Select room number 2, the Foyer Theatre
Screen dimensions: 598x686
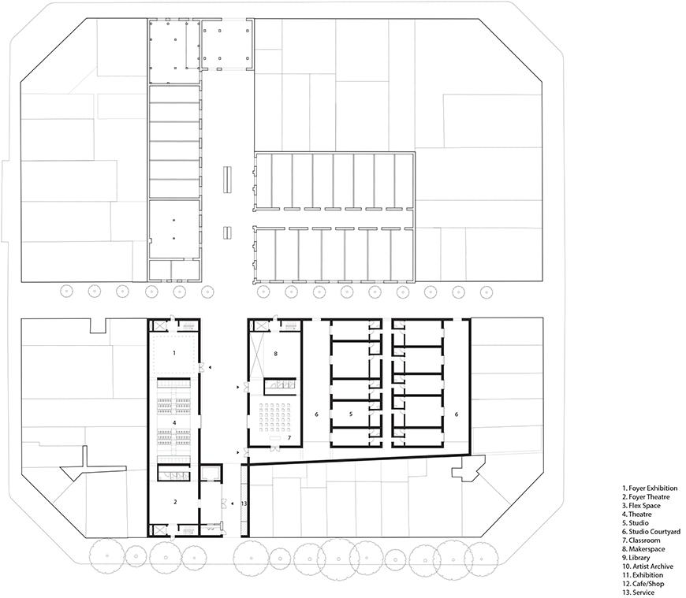click(176, 501)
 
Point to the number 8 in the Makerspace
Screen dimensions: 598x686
click(275, 354)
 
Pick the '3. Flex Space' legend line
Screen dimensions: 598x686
click(643, 505)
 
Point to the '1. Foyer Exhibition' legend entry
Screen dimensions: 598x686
click(649, 488)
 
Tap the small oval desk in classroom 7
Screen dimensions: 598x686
click(275, 436)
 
